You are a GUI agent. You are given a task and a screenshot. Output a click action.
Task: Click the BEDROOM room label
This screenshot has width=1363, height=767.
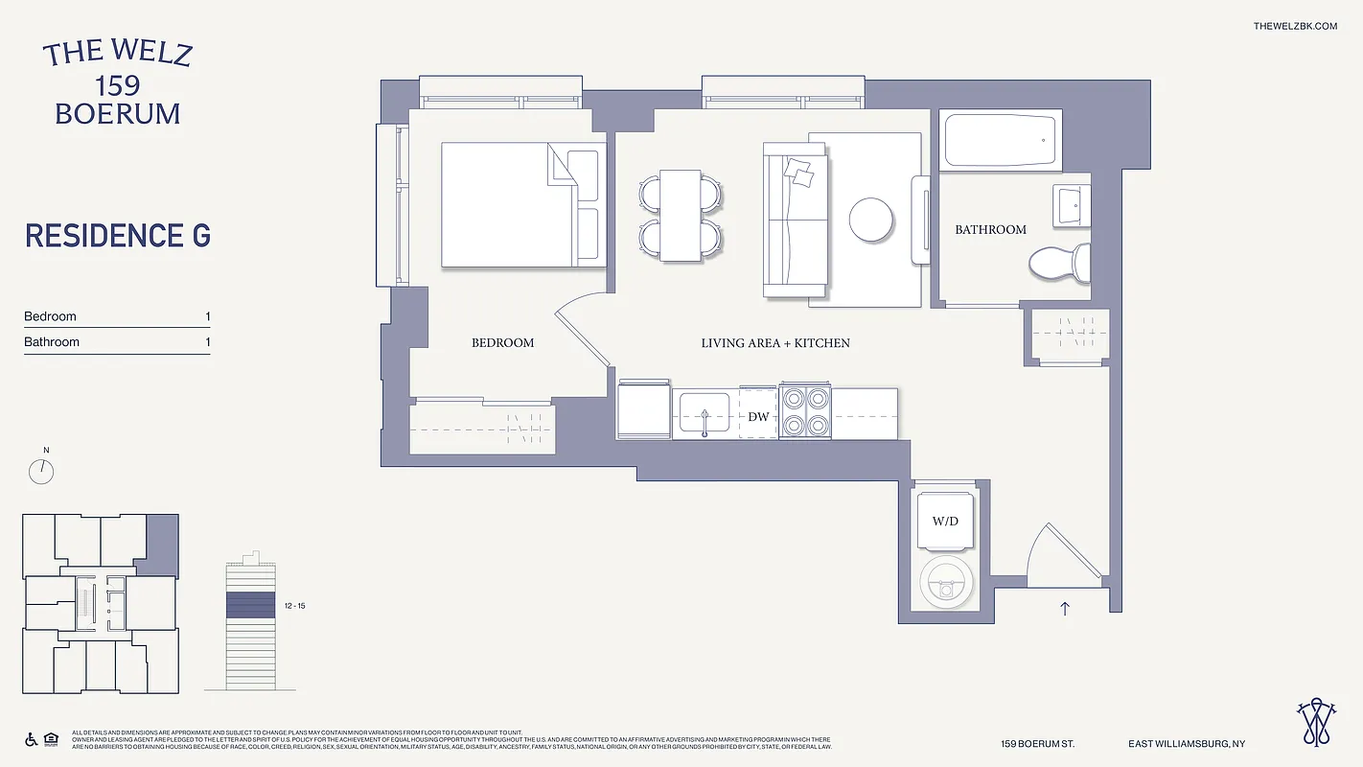[x=502, y=342]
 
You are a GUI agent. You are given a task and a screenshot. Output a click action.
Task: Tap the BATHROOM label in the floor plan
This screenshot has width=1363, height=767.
[x=990, y=230]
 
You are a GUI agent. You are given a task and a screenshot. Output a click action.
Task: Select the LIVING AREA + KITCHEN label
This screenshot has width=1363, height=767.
[x=775, y=342]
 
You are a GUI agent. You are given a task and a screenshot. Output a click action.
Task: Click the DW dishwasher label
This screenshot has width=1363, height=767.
[x=758, y=416]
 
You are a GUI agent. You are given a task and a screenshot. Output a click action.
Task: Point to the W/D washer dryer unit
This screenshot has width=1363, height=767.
[x=945, y=522]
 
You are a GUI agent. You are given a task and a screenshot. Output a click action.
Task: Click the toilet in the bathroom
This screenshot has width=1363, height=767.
[x=1060, y=261]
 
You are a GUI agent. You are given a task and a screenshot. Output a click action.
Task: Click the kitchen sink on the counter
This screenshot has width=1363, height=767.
[x=705, y=413]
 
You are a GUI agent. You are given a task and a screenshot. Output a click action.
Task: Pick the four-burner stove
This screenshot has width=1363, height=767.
[x=806, y=412]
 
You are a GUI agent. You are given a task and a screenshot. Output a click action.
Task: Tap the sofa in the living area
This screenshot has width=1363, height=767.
[x=795, y=220]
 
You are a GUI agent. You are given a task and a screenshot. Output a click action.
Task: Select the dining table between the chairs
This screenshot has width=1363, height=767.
[x=681, y=215]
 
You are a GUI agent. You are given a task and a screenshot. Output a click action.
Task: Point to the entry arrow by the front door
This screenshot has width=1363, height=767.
[x=1064, y=608]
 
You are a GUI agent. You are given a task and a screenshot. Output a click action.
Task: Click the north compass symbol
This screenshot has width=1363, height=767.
[x=42, y=471]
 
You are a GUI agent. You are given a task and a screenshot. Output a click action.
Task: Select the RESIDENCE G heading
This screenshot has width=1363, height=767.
[x=118, y=236]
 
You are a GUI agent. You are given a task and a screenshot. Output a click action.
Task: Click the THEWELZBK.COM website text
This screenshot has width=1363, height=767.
[x=1294, y=26]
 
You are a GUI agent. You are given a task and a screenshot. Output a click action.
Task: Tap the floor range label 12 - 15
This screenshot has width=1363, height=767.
[x=296, y=606]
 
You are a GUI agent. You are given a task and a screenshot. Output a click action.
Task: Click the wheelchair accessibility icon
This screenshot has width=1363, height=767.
[x=31, y=739]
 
